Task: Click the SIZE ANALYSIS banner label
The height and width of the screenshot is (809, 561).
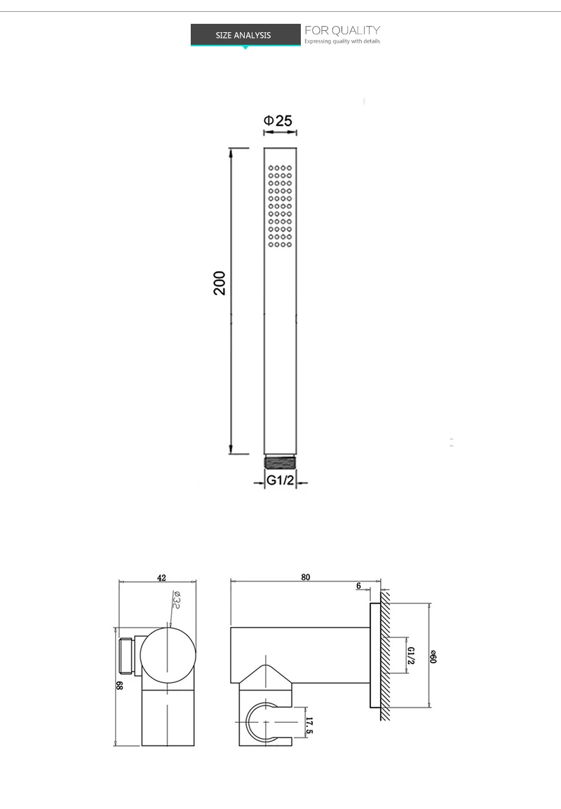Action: tap(243, 35)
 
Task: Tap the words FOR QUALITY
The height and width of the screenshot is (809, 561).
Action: tap(342, 30)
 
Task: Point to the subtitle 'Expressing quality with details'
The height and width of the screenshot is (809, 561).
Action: tap(342, 42)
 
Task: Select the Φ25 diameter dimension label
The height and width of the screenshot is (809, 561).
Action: tap(278, 120)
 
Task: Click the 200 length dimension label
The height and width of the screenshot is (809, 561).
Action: tap(220, 282)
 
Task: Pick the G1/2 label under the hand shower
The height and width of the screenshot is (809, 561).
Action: tap(280, 481)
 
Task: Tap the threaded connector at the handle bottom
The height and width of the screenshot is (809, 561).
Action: tap(280, 461)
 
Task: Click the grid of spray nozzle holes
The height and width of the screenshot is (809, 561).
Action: tap(279, 206)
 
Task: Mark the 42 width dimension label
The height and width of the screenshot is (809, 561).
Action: tap(161, 578)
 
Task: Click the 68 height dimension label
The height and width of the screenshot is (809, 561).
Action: tap(120, 686)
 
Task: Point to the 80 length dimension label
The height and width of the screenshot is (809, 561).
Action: tap(305, 578)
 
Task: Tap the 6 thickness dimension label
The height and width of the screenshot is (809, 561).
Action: tap(358, 586)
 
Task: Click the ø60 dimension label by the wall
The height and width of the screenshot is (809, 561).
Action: tap(433, 657)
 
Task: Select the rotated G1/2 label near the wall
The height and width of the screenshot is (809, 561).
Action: tap(411, 656)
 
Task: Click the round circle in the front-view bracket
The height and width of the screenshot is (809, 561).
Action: tap(168, 655)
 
